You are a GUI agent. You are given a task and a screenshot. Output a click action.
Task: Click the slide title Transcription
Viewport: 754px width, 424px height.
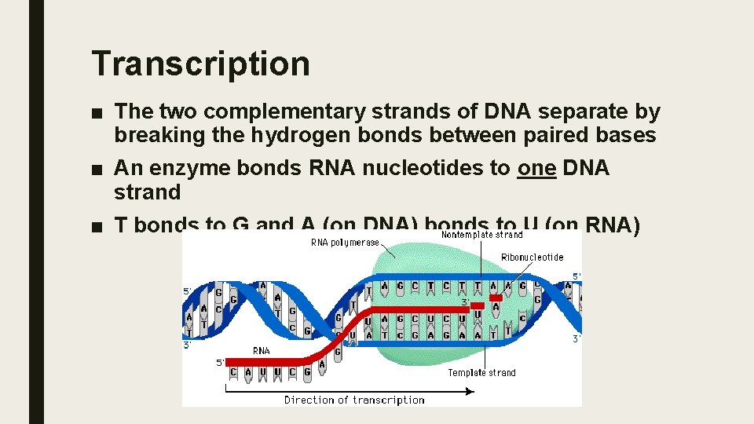coord(200,63)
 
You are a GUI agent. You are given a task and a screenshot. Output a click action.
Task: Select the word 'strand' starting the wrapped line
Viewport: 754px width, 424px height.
coord(148,192)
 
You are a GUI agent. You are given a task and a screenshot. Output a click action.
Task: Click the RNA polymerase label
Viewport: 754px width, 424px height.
coord(345,243)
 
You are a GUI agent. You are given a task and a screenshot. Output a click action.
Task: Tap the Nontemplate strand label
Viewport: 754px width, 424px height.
coord(481,234)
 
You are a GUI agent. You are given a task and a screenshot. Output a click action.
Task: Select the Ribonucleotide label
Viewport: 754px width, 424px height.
coord(532,257)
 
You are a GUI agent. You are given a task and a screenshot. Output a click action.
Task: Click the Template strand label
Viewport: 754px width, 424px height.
coord(481,372)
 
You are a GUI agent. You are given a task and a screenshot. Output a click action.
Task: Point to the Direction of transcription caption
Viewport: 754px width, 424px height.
coord(354,400)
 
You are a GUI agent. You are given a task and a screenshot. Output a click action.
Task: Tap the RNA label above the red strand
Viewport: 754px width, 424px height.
coord(262,350)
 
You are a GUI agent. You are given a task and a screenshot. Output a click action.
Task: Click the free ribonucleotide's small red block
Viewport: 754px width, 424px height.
coord(496,298)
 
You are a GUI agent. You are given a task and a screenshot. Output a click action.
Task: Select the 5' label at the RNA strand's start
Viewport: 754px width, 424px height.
coord(220,363)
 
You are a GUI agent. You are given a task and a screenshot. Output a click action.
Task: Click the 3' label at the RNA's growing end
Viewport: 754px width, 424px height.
coord(466,302)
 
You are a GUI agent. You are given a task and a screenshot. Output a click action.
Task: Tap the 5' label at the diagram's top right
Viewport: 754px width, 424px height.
coord(576,276)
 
